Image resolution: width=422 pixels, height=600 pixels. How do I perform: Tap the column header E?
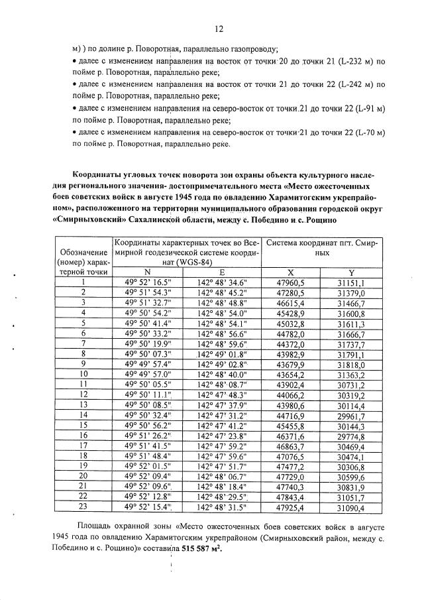[223, 272]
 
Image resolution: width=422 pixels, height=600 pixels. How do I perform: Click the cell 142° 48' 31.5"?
[223, 507]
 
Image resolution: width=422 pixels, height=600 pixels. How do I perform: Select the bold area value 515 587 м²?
[196, 550]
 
